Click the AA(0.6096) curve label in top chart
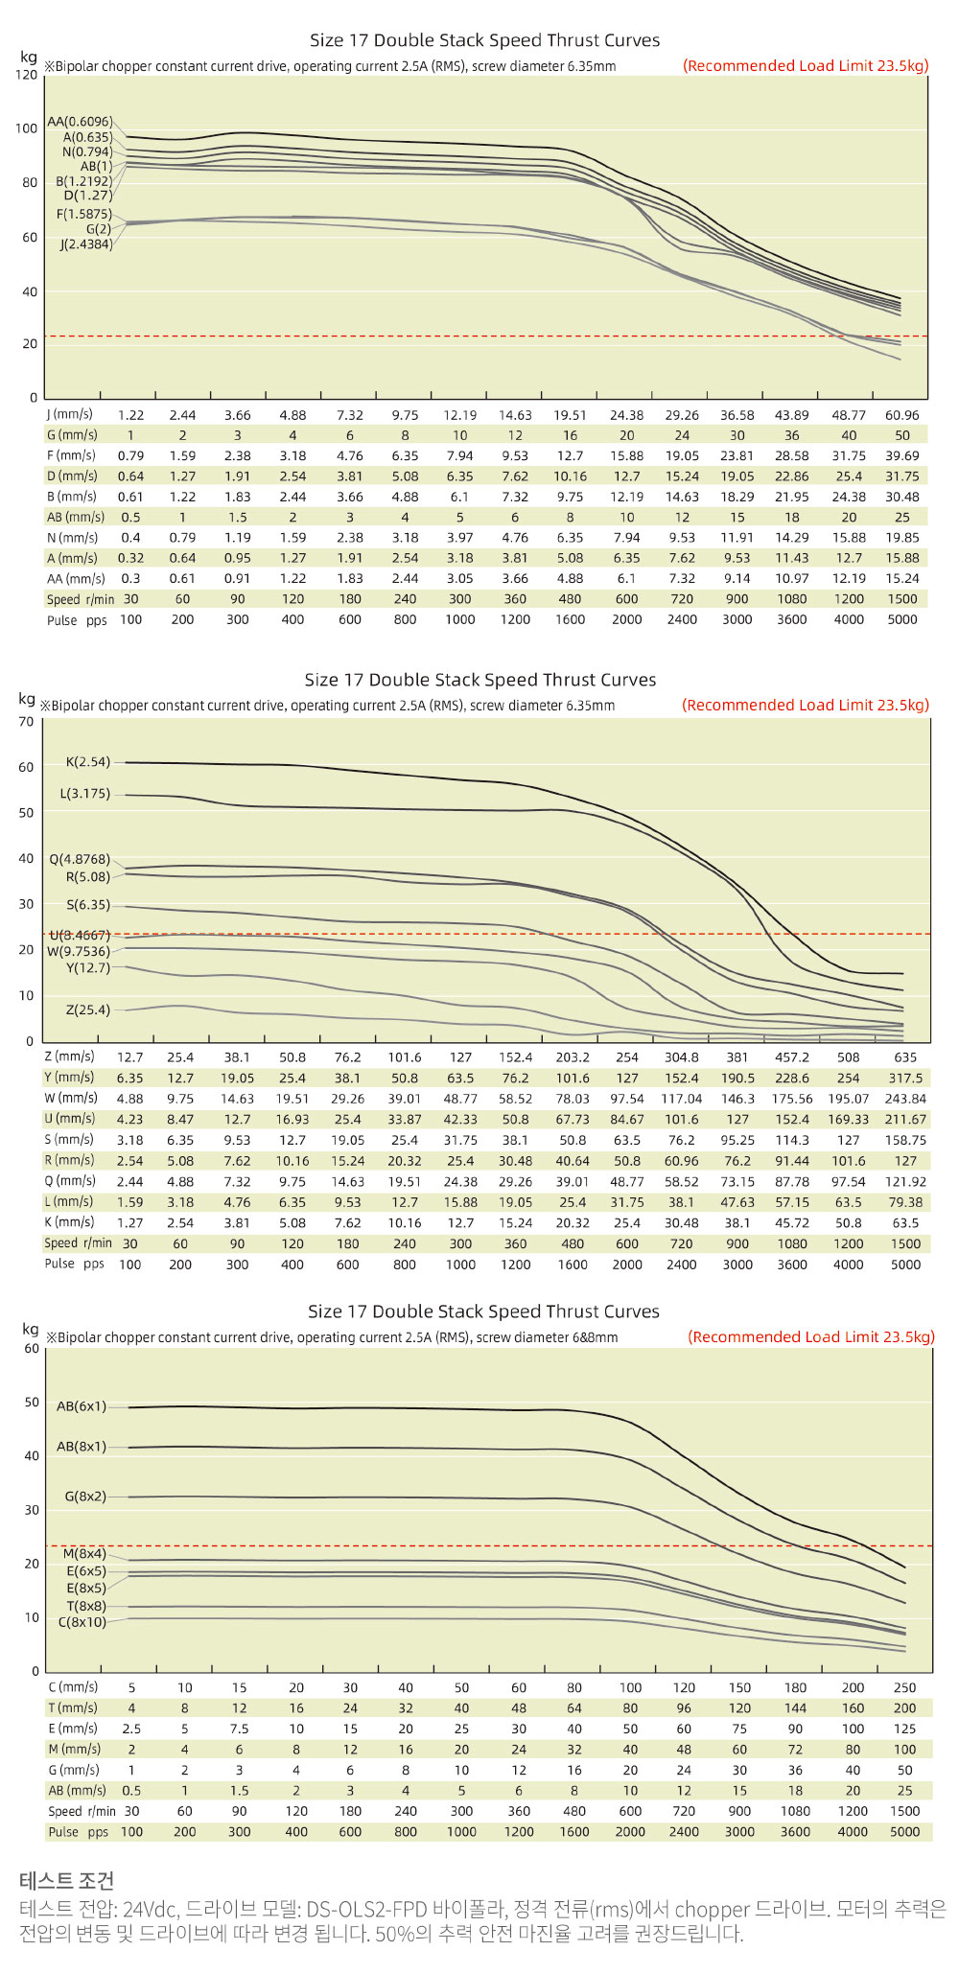pyautogui.click(x=80, y=122)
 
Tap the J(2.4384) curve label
pyautogui.click(x=85, y=244)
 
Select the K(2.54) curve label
pyautogui.click(x=87, y=762)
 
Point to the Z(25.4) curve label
pyautogui.click(x=87, y=1010)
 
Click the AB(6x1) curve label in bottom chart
pyautogui.click(x=82, y=1406)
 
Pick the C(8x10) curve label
pyautogui.click(x=82, y=1622)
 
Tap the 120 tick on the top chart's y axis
pyautogui.click(x=26, y=75)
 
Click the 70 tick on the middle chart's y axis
pyautogui.click(x=26, y=721)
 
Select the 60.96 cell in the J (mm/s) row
pyautogui.click(x=901, y=415)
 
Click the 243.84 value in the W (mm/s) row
pyautogui.click(x=905, y=1099)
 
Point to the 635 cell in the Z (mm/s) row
pyautogui.click(x=905, y=1057)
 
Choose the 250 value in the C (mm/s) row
pyautogui.click(x=904, y=1687)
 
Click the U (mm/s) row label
pyautogui.click(x=70, y=1119)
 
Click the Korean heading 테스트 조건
pyautogui.click(x=66, y=1880)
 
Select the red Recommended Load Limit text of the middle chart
pyautogui.click(x=806, y=705)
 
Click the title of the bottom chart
pyautogui.click(x=483, y=1311)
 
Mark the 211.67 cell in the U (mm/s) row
pyautogui.click(x=905, y=1119)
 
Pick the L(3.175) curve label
pyautogui.click(x=84, y=794)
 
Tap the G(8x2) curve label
pyautogui.click(x=85, y=1497)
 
